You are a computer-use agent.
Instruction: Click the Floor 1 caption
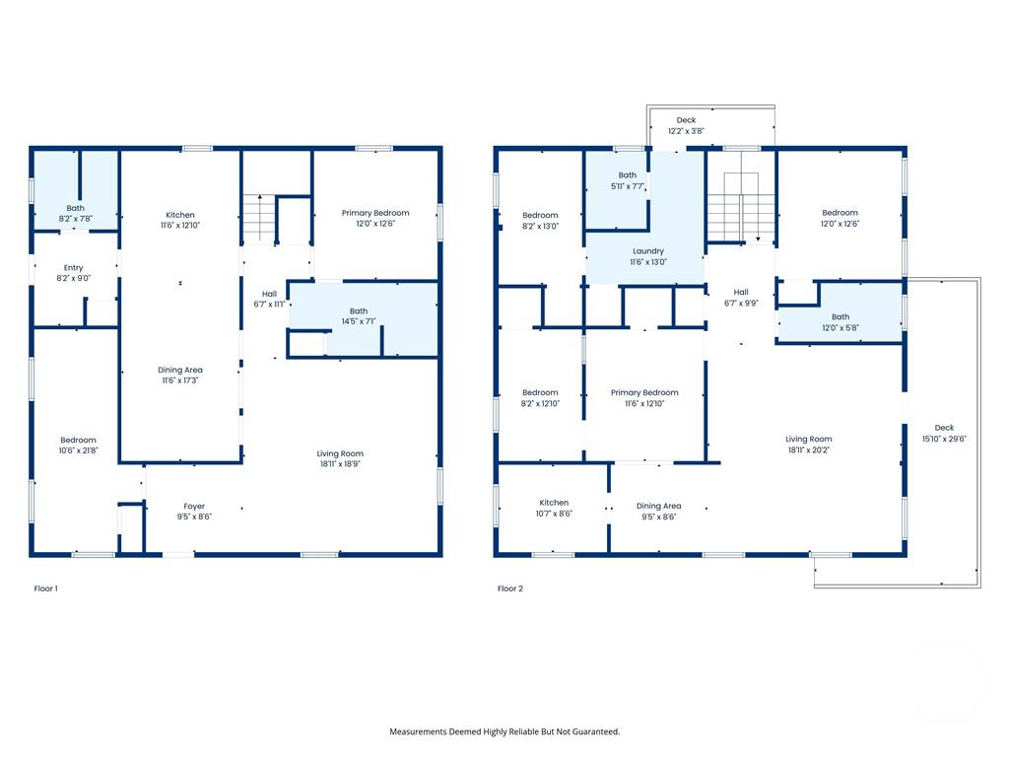(x=46, y=588)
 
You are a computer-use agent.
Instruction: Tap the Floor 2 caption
(x=509, y=588)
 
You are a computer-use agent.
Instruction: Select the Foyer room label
(x=194, y=507)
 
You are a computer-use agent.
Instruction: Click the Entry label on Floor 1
(x=74, y=268)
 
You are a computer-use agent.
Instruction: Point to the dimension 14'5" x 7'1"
(x=358, y=321)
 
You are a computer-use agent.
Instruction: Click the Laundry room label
(x=647, y=251)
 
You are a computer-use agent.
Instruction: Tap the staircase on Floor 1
(x=258, y=218)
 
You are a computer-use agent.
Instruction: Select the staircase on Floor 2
(x=741, y=207)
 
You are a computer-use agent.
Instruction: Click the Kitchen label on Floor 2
(x=553, y=503)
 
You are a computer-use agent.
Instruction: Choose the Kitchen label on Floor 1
(x=180, y=215)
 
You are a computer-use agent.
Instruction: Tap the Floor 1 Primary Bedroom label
(x=375, y=213)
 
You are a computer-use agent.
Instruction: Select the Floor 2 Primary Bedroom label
(x=644, y=392)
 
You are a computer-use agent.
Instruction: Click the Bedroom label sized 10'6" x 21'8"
(x=78, y=440)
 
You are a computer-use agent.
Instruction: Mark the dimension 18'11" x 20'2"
(x=808, y=449)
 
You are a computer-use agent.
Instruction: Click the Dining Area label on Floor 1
(x=180, y=371)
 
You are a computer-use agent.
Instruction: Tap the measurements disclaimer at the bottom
(x=504, y=731)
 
